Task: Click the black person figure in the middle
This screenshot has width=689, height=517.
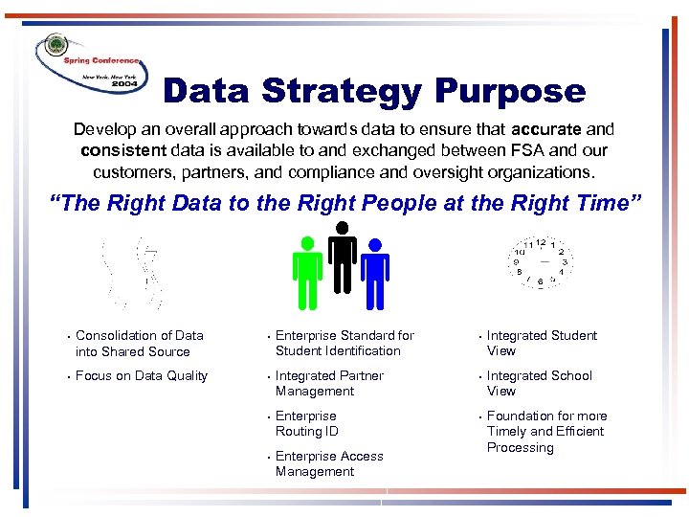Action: click(342, 254)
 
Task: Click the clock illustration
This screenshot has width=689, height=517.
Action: click(541, 260)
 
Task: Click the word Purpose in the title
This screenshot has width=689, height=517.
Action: click(510, 92)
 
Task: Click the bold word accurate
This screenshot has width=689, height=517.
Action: click(546, 128)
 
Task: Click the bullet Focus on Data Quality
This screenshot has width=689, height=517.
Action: click(141, 375)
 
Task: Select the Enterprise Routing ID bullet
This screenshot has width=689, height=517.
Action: click(306, 423)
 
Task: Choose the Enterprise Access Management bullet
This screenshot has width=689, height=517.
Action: click(329, 463)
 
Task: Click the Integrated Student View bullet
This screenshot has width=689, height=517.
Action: click(542, 343)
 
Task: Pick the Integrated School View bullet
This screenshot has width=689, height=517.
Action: click(539, 383)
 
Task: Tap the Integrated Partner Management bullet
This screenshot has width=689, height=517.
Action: click(329, 383)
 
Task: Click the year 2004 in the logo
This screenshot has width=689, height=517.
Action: click(124, 84)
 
